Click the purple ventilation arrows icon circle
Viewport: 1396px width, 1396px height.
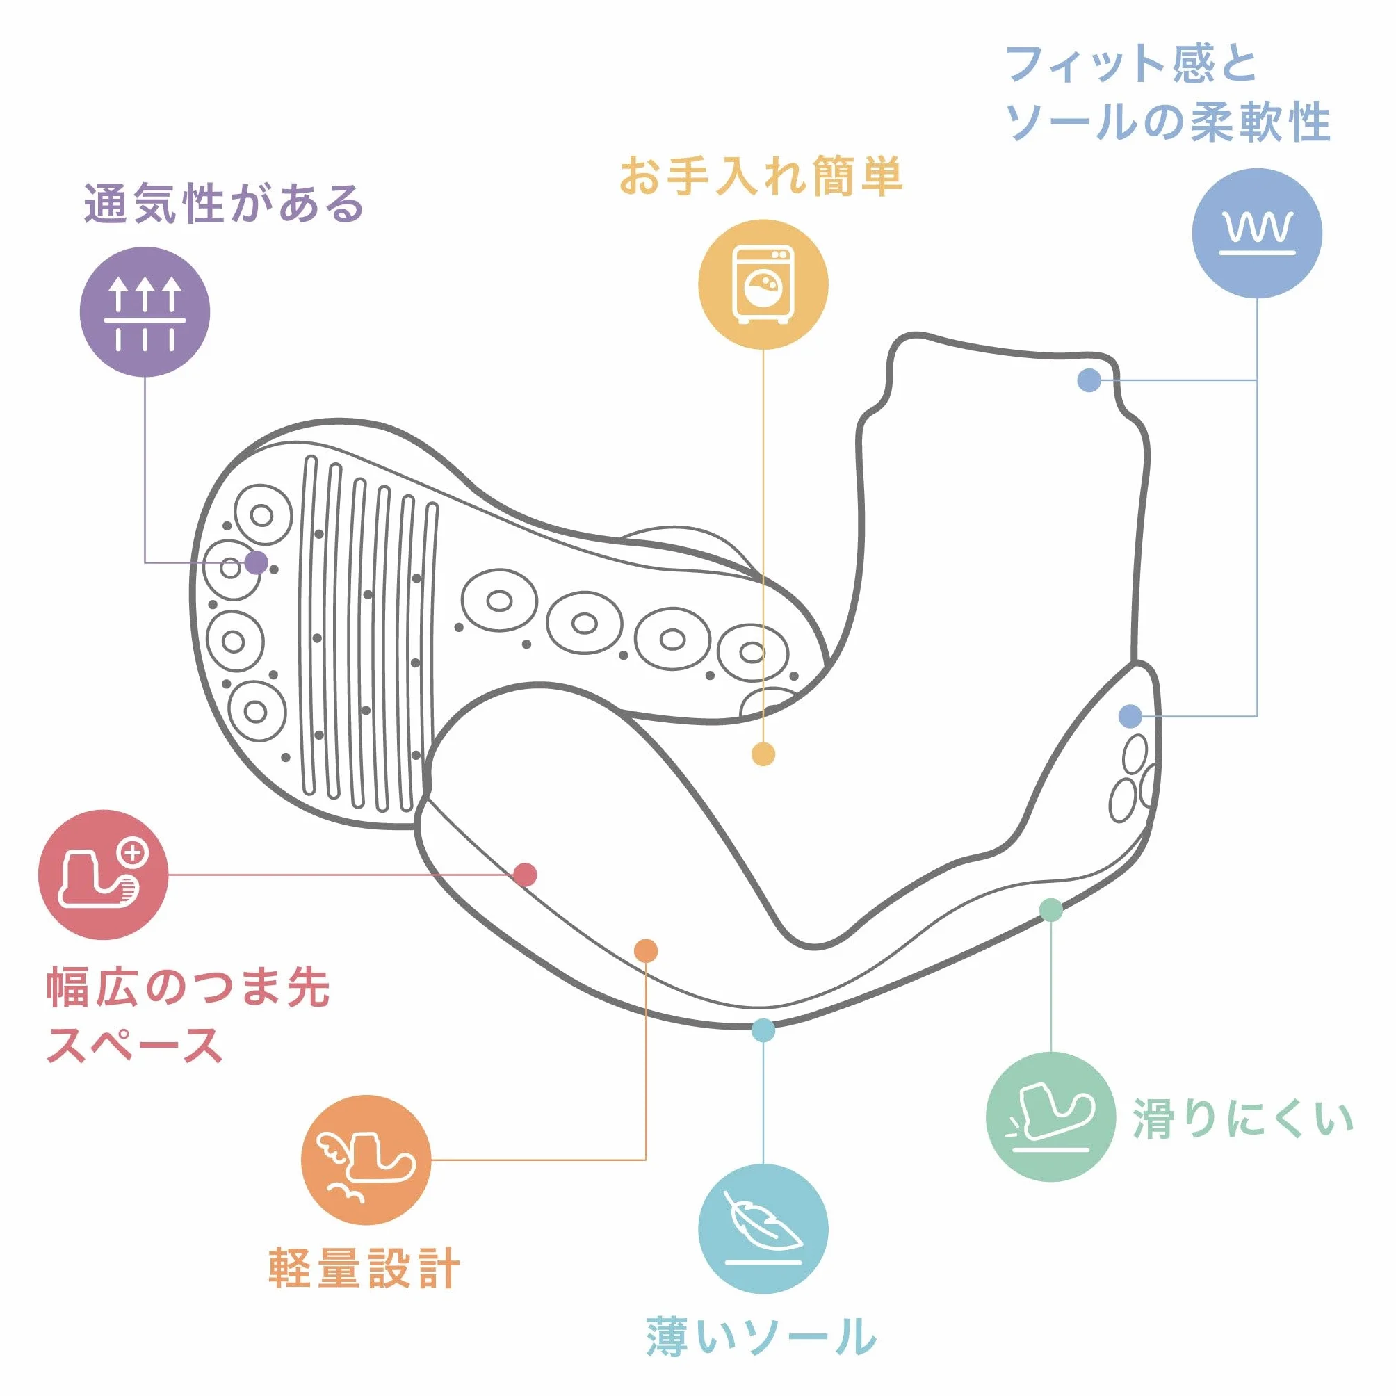coord(145,311)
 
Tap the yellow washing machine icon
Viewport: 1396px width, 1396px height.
coord(763,284)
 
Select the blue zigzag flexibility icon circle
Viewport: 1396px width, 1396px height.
coord(1257,233)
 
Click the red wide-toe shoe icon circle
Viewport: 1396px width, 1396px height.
coord(104,875)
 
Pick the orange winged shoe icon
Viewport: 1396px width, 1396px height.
coord(366,1160)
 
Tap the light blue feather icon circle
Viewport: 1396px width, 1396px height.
coord(763,1230)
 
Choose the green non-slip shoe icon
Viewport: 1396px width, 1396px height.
coord(1050,1117)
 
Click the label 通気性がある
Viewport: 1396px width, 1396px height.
coord(224,204)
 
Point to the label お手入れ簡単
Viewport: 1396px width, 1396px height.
coord(761,176)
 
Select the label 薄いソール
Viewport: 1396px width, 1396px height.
coord(761,1337)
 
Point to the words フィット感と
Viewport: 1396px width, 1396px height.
coord(1132,63)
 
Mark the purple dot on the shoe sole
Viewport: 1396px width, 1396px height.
coord(256,562)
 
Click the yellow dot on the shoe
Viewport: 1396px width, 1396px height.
coord(763,754)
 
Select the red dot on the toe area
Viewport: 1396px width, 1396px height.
coord(526,875)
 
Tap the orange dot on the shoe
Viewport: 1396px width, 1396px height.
coord(646,951)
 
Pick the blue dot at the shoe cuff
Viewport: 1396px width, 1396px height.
coord(1089,380)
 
